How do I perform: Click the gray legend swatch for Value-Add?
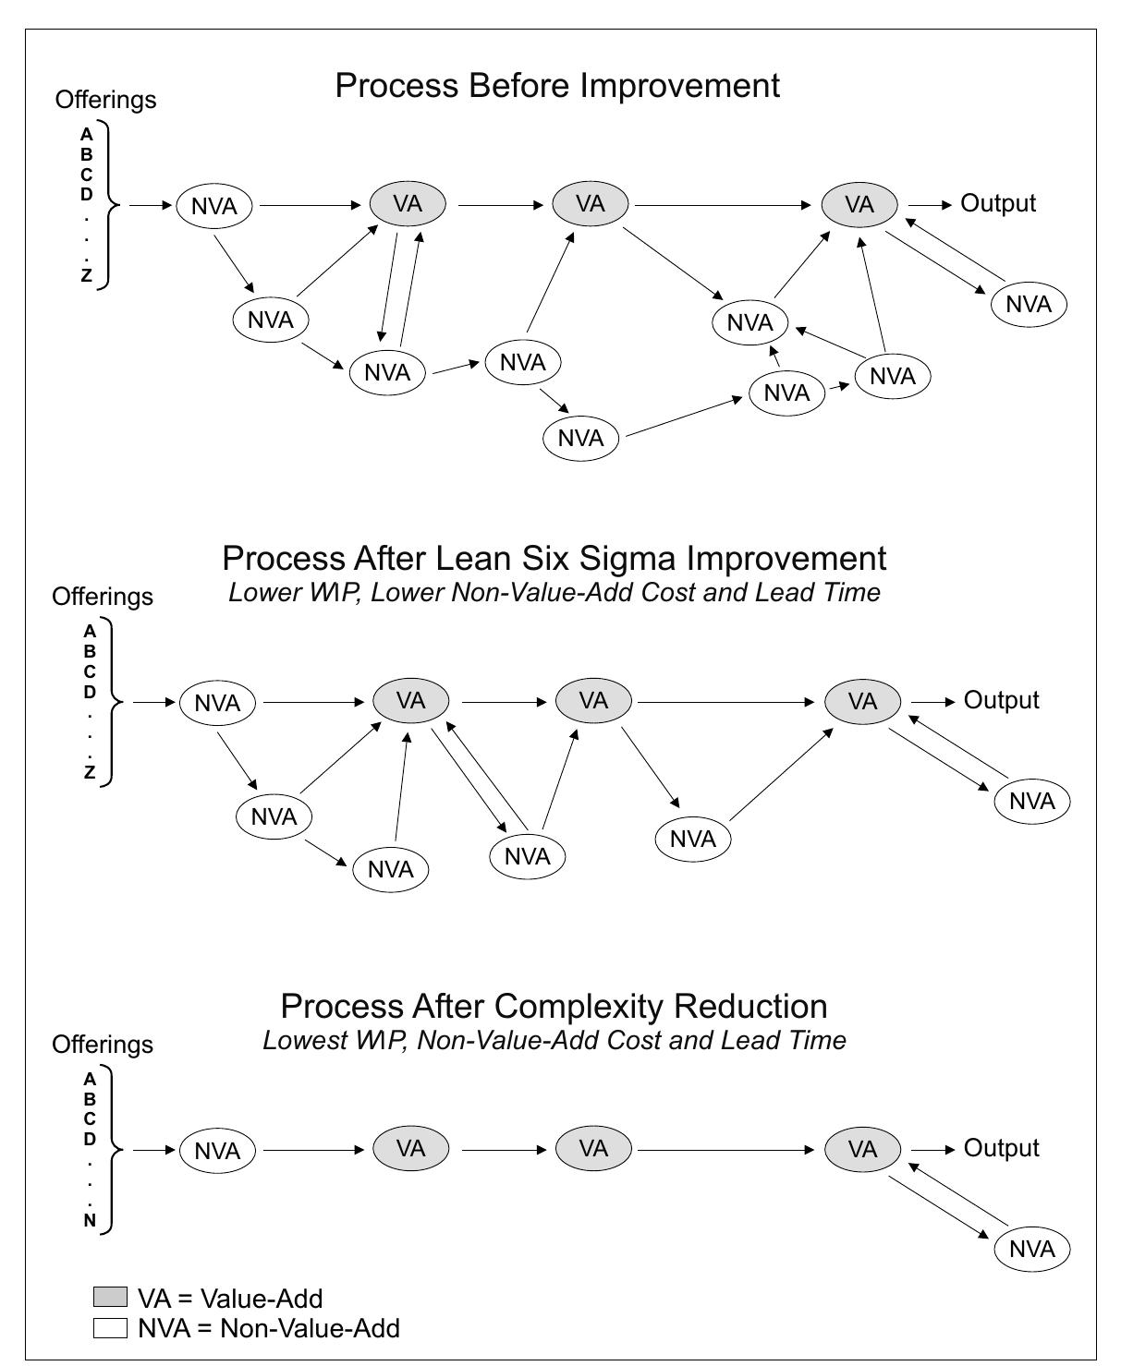[110, 1297]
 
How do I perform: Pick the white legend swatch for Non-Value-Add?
[110, 1328]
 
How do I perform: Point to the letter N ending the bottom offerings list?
[90, 1221]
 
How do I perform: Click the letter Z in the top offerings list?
[87, 275]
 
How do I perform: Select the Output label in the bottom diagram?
[1001, 1148]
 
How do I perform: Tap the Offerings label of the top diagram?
[105, 100]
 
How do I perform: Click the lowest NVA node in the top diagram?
[580, 438]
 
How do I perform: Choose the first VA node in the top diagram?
[408, 203]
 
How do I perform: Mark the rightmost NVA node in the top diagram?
[1028, 304]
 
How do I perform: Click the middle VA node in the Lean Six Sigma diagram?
[593, 701]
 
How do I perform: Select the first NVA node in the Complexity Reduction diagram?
[217, 1151]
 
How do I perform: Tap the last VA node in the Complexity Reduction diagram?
[862, 1149]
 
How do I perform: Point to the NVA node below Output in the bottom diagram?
[1031, 1250]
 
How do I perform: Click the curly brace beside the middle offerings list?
[113, 702]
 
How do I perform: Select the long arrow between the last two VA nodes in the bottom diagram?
[727, 1150]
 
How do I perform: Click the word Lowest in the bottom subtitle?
[302, 1041]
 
